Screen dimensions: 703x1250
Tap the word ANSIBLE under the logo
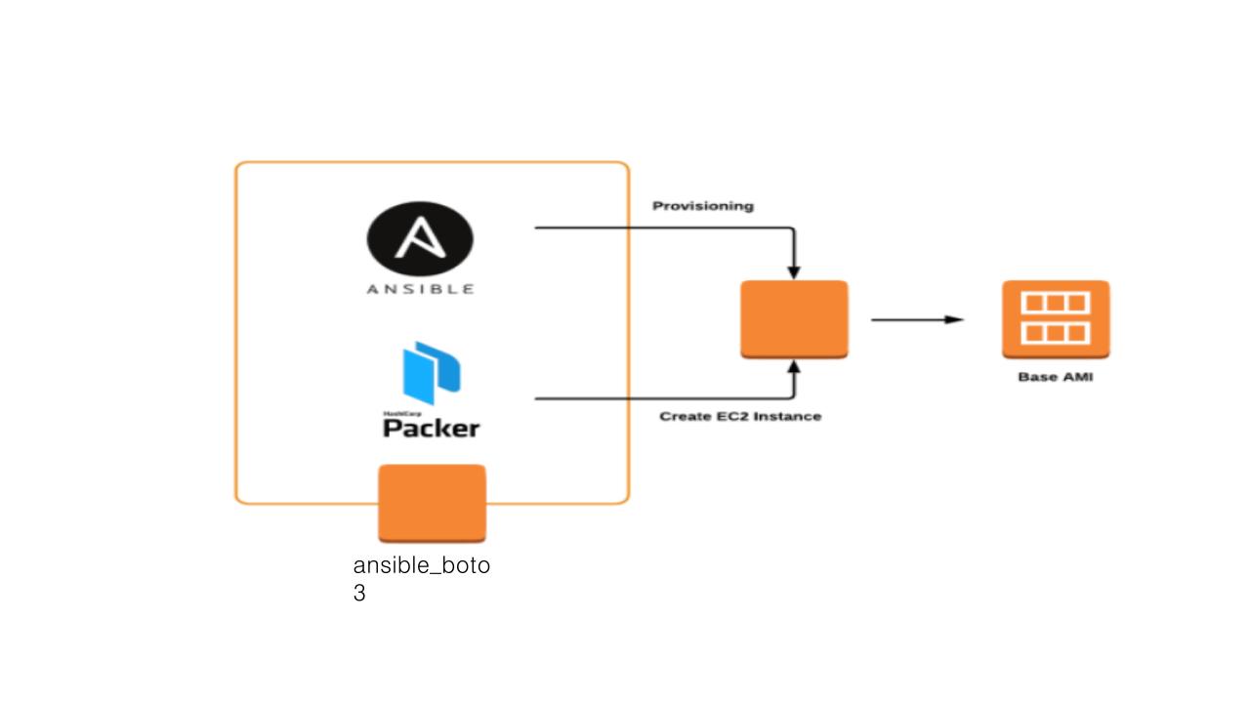[420, 289]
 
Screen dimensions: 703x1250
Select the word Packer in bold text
[431, 429]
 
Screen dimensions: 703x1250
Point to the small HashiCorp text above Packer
[396, 413]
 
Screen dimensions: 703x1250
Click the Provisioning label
[702, 206]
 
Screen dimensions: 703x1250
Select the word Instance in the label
[788, 416]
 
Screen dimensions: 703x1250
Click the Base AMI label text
[1055, 377]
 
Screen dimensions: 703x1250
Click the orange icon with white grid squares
[1055, 318]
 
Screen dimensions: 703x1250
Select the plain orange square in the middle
[793, 319]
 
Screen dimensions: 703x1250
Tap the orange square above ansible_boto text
[432, 503]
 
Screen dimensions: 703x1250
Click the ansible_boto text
[421, 565]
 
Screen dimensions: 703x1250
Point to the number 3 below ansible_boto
[359, 593]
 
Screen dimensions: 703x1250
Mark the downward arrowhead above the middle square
[794, 271]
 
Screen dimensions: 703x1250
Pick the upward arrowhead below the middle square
[794, 367]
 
